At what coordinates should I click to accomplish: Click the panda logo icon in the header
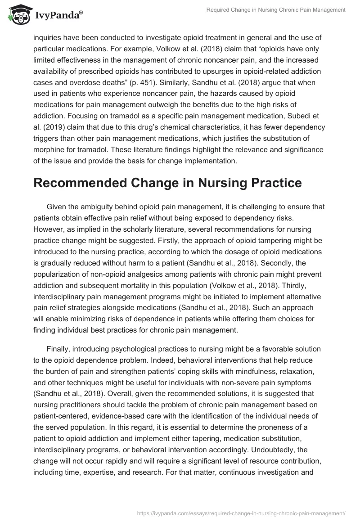[x=17, y=15]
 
